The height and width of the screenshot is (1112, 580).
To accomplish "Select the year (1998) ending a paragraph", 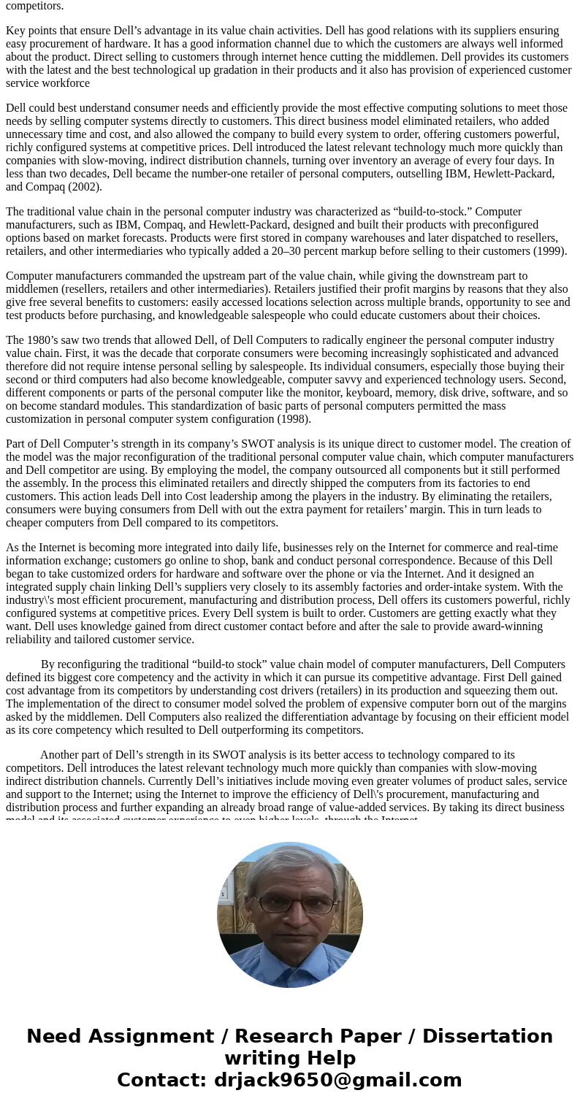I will point(292,419).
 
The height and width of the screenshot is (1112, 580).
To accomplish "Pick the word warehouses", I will point(278,238).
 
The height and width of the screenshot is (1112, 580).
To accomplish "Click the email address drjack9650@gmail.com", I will point(337,1081).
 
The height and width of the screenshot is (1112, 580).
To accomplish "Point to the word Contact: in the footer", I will point(162,1081).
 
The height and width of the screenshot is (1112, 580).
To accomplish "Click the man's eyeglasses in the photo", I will point(290,904).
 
